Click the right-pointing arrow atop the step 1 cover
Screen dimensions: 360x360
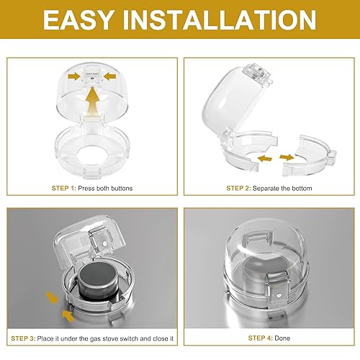tap(72, 74)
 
